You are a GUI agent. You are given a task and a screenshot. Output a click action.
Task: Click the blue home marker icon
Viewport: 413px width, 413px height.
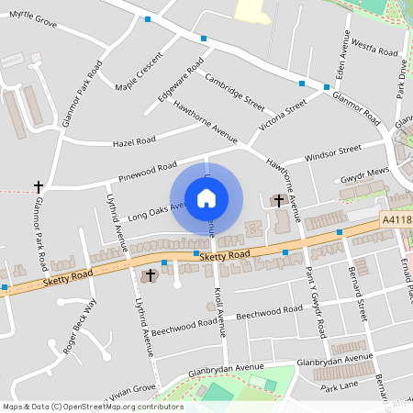point(206,197)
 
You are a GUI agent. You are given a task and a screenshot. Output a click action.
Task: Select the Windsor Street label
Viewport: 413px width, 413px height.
point(334,151)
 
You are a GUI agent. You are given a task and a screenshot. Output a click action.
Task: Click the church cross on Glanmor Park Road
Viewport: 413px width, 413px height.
point(39,186)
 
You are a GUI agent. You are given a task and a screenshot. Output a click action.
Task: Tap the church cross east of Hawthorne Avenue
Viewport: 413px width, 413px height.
point(278,199)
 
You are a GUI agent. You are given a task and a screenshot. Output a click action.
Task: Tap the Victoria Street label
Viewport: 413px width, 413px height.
point(283,117)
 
